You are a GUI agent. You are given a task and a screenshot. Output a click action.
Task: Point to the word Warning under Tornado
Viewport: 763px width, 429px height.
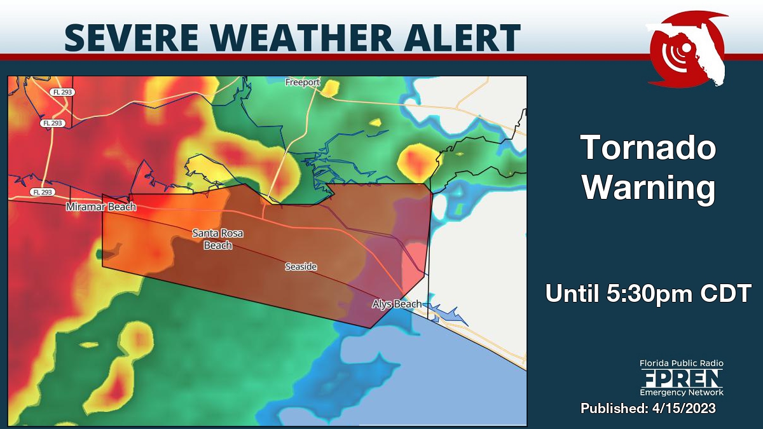click(x=649, y=188)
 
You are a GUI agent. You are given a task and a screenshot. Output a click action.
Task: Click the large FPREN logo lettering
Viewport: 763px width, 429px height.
click(x=682, y=379)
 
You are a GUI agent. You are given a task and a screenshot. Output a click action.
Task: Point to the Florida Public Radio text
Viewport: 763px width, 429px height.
click(x=682, y=364)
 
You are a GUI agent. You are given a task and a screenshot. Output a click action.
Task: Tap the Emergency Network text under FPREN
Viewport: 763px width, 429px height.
click(x=682, y=393)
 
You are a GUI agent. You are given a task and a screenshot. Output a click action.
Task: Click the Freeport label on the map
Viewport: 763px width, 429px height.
click(x=303, y=83)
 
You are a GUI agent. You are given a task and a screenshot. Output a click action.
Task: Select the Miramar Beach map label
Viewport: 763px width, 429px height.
click(x=101, y=207)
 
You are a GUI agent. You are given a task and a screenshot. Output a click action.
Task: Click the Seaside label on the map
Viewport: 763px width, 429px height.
click(x=301, y=267)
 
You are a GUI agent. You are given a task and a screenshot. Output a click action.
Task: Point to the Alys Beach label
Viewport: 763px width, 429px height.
click(x=397, y=304)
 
